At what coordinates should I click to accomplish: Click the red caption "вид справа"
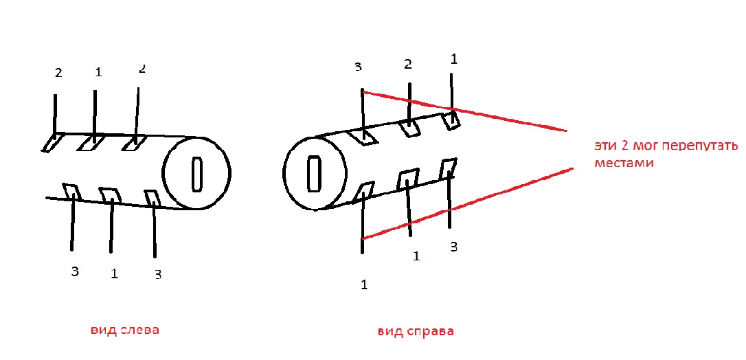pyautogui.click(x=416, y=331)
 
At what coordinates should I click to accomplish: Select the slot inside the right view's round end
pyautogui.click(x=313, y=174)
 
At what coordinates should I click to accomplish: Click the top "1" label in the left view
pyautogui.click(x=98, y=71)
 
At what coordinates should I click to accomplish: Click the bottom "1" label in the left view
pyautogui.click(x=114, y=273)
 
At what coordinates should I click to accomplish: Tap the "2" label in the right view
pyautogui.click(x=408, y=65)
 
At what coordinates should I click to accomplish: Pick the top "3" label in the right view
pyautogui.click(x=358, y=67)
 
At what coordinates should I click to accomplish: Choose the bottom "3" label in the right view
pyautogui.click(x=453, y=247)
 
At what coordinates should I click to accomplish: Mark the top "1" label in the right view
pyautogui.click(x=453, y=59)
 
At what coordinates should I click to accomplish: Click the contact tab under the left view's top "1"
pyautogui.click(x=90, y=142)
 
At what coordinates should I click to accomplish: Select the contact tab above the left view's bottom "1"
pyautogui.click(x=109, y=195)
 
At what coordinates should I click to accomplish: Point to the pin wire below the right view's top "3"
pyautogui.click(x=362, y=110)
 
